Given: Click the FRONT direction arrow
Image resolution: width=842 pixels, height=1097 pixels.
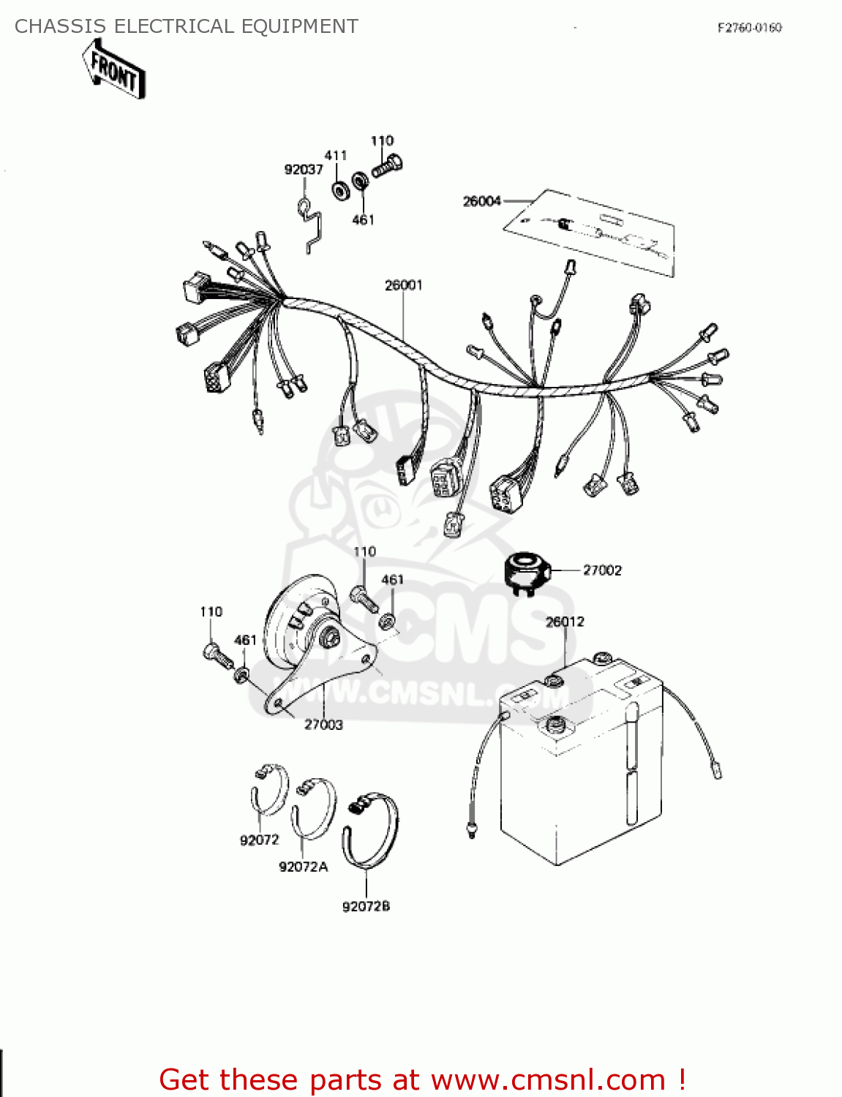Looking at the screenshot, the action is click(x=114, y=69).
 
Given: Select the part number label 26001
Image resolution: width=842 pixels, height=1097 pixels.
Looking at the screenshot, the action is click(x=403, y=285).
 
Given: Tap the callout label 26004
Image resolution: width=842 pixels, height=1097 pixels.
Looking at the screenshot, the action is click(x=482, y=201).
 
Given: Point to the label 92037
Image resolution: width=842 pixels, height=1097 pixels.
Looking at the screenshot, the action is click(x=304, y=170).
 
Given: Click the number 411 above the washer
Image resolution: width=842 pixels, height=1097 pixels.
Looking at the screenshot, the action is click(x=335, y=156).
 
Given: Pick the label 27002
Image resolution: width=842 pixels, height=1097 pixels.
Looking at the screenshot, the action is click(x=602, y=570).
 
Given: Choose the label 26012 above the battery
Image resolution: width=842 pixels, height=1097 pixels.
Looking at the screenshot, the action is click(x=565, y=622).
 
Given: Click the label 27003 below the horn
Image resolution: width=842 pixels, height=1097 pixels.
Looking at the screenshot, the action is click(x=323, y=725).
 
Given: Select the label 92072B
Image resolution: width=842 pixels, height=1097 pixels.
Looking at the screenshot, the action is click(x=366, y=907).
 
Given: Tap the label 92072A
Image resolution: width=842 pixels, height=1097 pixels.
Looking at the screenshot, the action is click(x=304, y=867).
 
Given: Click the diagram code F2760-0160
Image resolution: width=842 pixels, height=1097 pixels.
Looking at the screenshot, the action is click(x=750, y=28).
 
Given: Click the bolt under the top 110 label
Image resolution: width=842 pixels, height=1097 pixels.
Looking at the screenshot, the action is click(x=387, y=167).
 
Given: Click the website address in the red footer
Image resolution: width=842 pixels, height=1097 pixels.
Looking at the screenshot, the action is click(x=548, y=1080).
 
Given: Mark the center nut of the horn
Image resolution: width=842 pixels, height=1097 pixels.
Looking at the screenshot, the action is click(x=332, y=636).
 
